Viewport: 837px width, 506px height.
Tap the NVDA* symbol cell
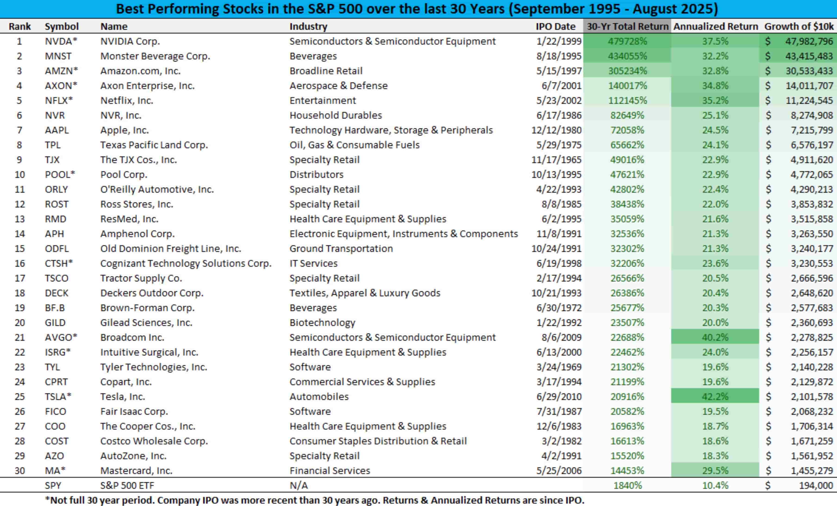[x=61, y=41]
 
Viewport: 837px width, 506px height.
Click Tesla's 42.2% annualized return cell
[x=715, y=397]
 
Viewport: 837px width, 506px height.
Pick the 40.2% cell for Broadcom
[x=715, y=337]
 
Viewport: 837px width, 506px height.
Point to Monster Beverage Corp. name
[x=155, y=56]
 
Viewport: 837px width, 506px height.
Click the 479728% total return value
[x=628, y=41]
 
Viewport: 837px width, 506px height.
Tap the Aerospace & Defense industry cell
[x=338, y=86]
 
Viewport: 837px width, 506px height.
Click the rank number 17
[x=20, y=278]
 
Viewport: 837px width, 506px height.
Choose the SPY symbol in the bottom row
[x=53, y=485]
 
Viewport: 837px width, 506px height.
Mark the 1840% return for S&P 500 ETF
[x=628, y=485]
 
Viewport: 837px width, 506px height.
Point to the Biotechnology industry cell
[x=322, y=322]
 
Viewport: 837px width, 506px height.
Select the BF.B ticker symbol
[x=55, y=308]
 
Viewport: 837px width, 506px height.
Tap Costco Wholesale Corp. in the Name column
[x=154, y=441]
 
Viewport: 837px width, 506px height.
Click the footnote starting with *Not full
[x=314, y=500]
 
